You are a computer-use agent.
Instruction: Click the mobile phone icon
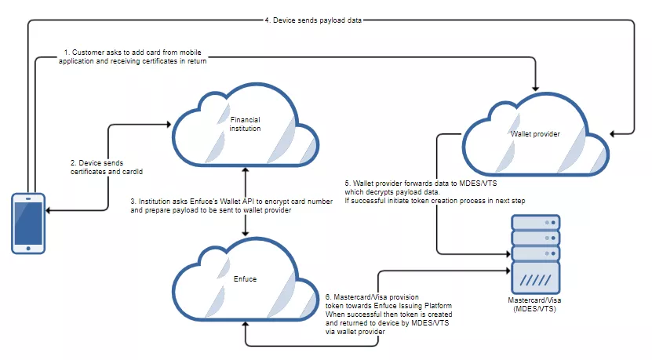point(27,224)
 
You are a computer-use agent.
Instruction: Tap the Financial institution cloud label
point(245,123)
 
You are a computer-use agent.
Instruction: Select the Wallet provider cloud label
point(535,133)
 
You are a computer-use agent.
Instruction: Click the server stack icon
point(536,253)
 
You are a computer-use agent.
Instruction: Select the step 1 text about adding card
point(133,57)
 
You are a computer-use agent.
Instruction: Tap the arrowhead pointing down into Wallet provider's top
point(536,88)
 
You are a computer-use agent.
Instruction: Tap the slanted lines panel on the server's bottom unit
point(536,278)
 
